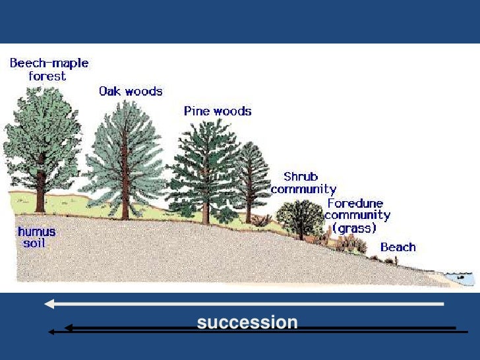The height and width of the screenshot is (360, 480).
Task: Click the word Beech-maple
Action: [49, 64]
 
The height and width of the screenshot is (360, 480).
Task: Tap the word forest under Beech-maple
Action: [47, 76]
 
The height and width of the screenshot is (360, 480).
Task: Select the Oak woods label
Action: [131, 92]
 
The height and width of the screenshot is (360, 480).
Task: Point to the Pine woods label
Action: [218, 111]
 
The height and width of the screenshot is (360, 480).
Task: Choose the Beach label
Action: [398, 247]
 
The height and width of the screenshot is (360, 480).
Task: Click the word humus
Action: [37, 232]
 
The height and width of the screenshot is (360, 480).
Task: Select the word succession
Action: [247, 322]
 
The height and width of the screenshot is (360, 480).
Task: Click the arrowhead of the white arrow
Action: [50, 304]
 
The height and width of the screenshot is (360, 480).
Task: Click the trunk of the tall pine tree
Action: [206, 210]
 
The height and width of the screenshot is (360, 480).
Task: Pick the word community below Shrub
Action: [303, 189]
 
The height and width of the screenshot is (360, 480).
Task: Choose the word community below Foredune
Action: [357, 216]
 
